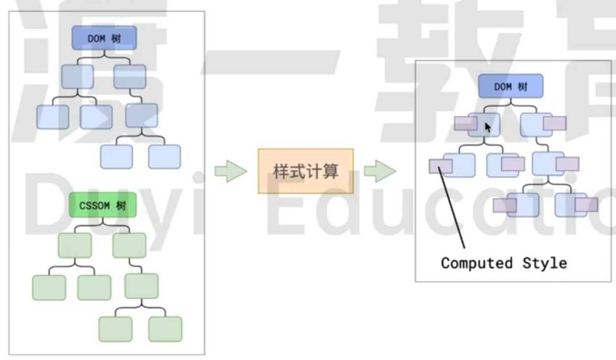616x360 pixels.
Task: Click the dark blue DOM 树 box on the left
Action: [x=104, y=38]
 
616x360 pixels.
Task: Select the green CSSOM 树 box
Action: [x=103, y=205]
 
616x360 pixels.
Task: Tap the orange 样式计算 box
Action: [x=305, y=171]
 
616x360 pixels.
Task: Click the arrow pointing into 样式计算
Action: [x=231, y=171]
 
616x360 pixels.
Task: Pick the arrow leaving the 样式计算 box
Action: [x=379, y=171]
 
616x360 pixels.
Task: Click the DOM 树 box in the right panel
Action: [x=510, y=86]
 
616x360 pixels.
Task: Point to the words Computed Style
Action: [x=504, y=263]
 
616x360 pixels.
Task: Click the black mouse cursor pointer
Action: [x=488, y=128]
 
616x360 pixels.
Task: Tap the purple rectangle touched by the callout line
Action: [x=440, y=166]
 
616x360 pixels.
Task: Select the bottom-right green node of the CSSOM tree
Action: [x=165, y=329]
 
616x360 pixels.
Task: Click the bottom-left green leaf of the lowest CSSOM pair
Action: [x=115, y=329]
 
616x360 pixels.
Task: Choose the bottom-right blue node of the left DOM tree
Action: [x=164, y=156]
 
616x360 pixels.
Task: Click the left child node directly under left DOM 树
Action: [x=78, y=77]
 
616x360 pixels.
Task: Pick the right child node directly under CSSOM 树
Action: [x=129, y=245]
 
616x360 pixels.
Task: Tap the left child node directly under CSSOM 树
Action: [x=75, y=245]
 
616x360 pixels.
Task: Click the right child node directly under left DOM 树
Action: [x=130, y=77]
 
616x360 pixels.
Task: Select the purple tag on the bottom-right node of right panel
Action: [x=586, y=205]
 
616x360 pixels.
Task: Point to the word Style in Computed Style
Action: [x=544, y=263]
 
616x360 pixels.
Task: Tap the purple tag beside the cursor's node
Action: [x=465, y=123]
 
